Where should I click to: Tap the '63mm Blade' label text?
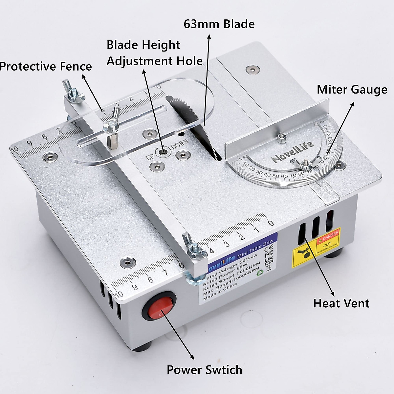(219, 24)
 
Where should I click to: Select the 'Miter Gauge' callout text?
(352, 89)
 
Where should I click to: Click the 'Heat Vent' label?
(341, 303)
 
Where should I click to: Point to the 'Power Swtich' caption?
(204, 370)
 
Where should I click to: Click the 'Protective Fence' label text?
(46, 66)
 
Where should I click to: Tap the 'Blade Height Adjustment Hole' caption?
(154, 53)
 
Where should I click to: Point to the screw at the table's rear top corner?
(252, 69)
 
